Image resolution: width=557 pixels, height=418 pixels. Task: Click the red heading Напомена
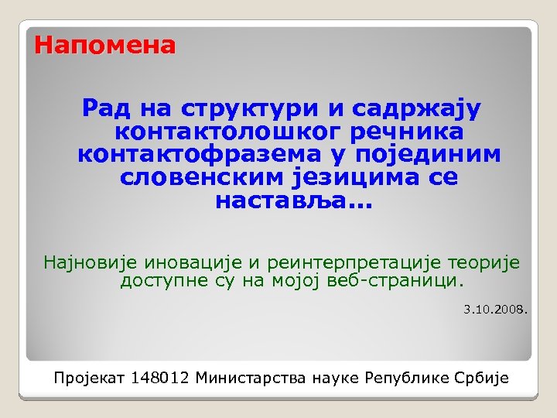click(105, 46)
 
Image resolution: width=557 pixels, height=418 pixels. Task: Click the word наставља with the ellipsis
click(291, 201)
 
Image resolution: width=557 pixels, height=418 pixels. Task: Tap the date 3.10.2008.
click(495, 310)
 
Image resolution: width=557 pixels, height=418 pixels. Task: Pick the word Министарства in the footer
click(251, 379)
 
